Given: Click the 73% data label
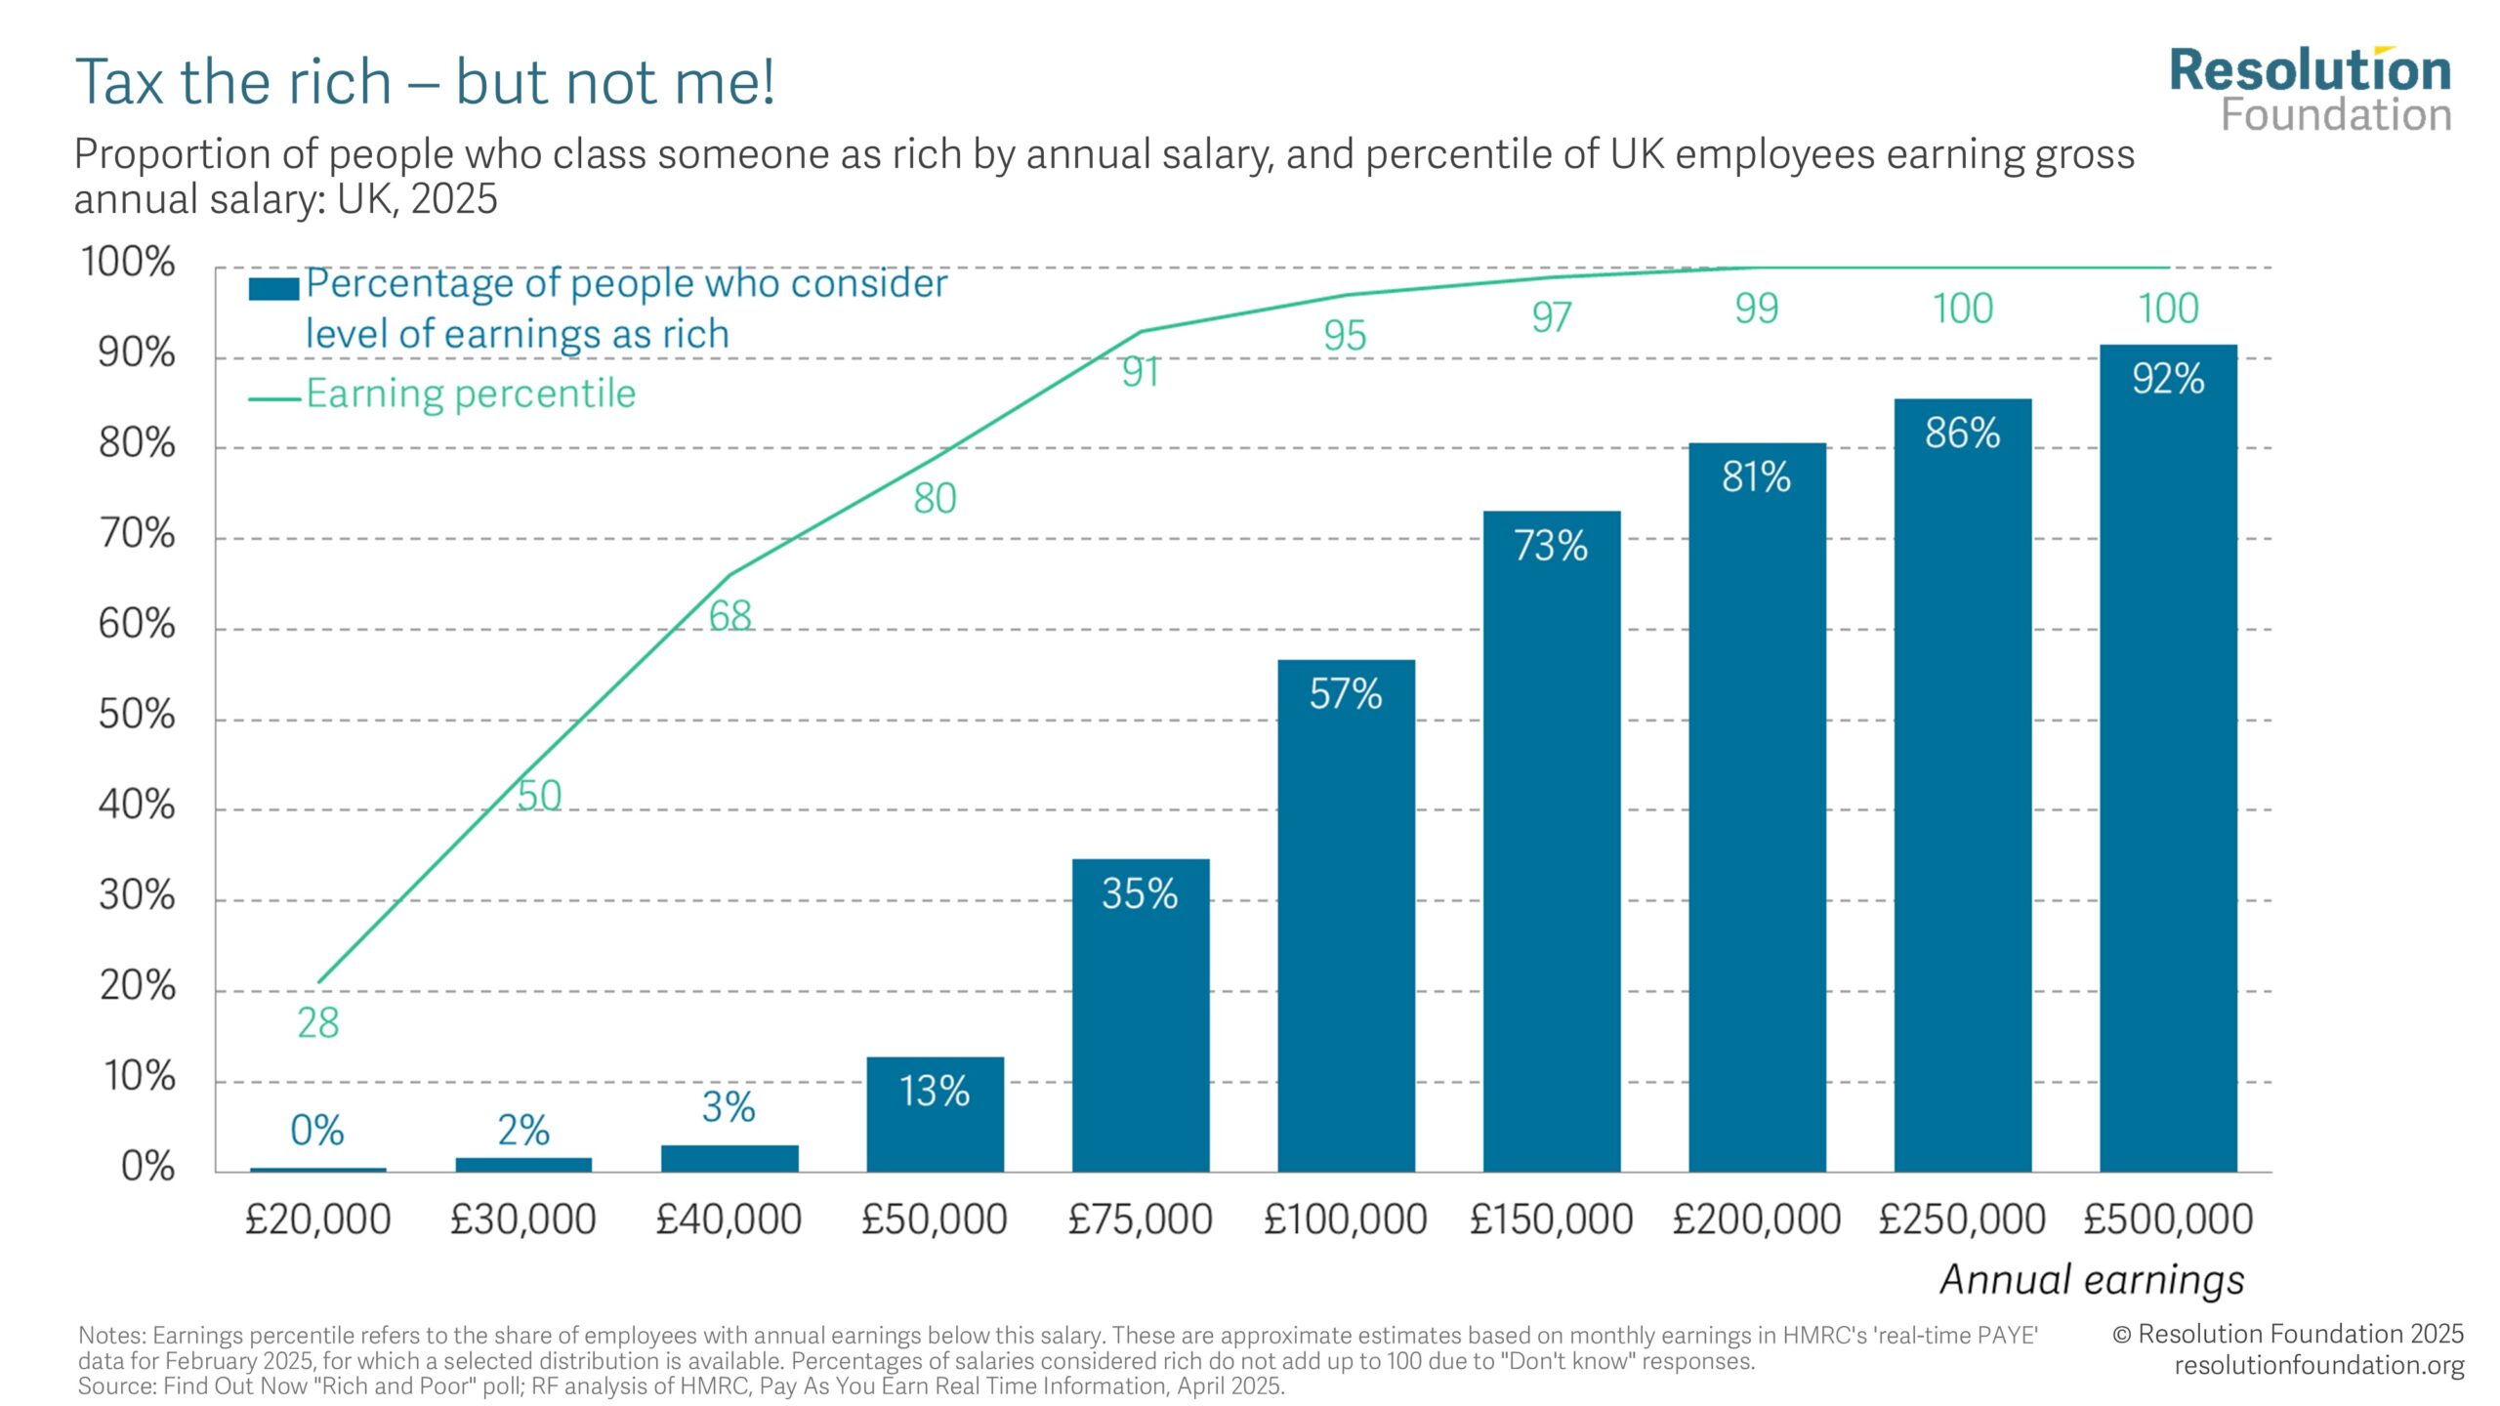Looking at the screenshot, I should [1551, 546].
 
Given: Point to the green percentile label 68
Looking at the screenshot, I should [729, 616].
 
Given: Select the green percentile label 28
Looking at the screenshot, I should [317, 1023].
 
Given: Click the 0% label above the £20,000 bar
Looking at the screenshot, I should [317, 1131].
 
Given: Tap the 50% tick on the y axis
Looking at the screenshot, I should [137, 715].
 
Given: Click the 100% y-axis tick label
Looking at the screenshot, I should [128, 262].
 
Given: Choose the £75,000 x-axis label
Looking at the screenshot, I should [1140, 1220].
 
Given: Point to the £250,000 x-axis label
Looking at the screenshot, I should [1962, 1220].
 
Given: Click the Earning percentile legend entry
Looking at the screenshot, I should [470, 393].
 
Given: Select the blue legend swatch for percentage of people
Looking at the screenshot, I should [273, 289].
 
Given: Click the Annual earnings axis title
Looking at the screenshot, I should [2092, 1279].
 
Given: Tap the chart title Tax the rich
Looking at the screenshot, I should [425, 82].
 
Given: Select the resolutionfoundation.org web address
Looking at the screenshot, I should [2318, 1365].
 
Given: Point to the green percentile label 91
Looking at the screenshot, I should [1140, 372].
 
